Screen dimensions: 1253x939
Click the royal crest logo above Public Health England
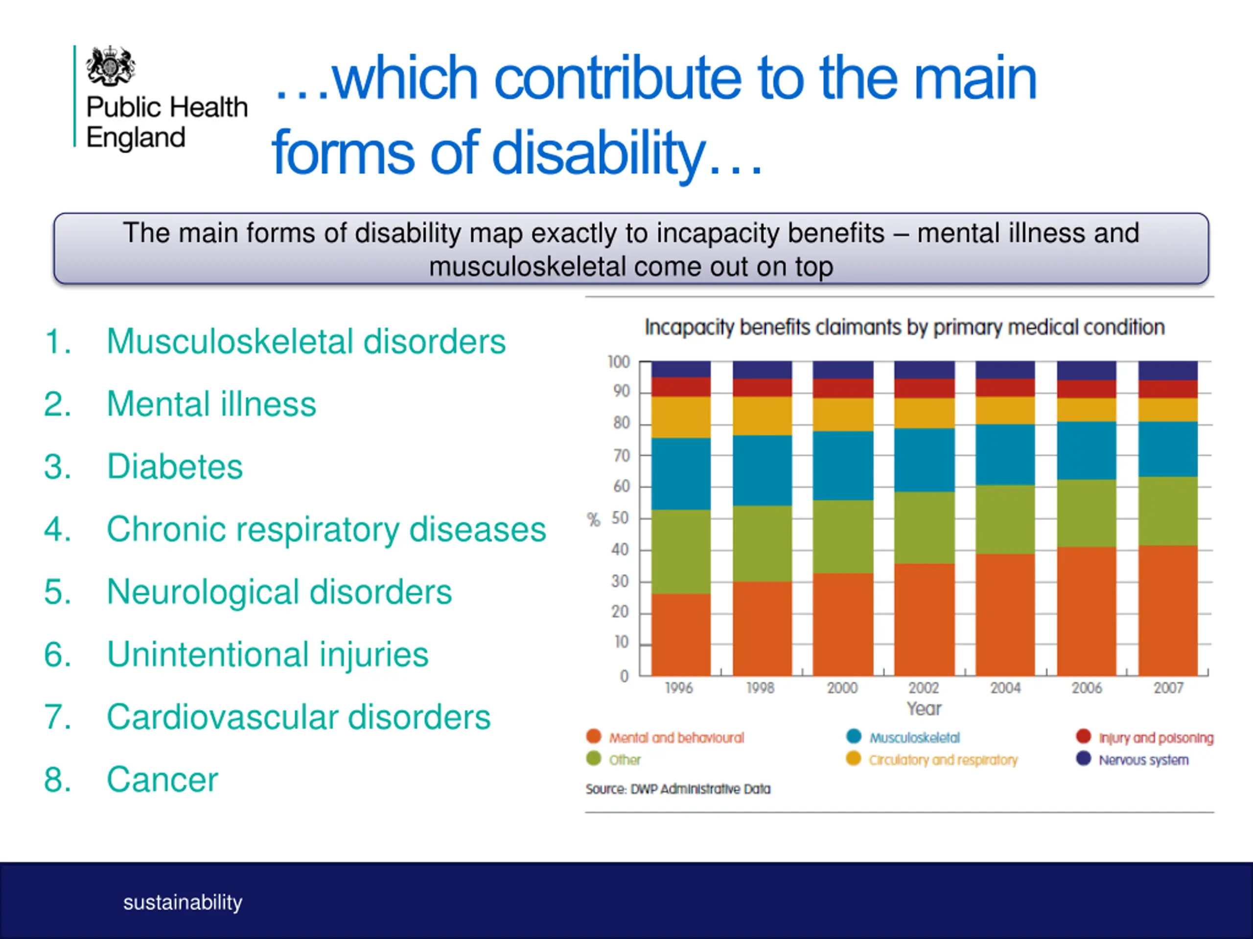tap(111, 66)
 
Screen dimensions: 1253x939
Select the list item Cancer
tap(162, 780)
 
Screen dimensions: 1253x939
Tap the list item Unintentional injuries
tap(267, 655)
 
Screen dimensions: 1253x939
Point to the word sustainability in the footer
tap(183, 902)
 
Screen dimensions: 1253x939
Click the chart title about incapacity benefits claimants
tap(905, 328)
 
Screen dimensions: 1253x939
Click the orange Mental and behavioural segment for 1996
tap(681, 634)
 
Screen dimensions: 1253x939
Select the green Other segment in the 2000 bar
tap(843, 537)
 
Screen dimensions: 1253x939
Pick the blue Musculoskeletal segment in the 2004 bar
tap(1005, 454)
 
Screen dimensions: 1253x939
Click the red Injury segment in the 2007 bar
tap(1168, 389)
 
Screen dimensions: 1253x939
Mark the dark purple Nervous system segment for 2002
tap(925, 370)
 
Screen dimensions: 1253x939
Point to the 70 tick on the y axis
tap(622, 456)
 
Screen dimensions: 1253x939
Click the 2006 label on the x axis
tap(1087, 688)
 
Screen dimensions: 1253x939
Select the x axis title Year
tap(924, 709)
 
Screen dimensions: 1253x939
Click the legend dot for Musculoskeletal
tap(854, 736)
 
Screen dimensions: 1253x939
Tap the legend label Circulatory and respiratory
tap(944, 760)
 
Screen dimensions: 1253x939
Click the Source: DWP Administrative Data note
tap(678, 789)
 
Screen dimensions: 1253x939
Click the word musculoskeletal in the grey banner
tap(526, 267)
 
